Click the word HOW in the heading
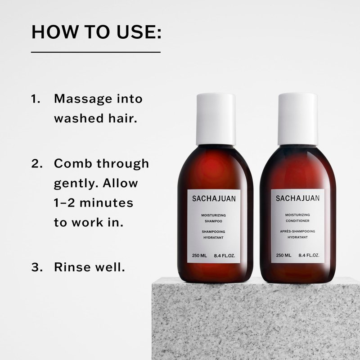pos(54,31)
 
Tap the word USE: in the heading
pos(139,31)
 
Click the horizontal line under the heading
pos(96,52)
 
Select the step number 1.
pos(36,99)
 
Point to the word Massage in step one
pos(83,99)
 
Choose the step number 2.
pos(37,164)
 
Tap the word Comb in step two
pos(73,163)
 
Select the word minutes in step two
pos(106,203)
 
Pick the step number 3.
pos(37,267)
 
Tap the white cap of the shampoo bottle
pos(216,119)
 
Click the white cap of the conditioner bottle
pos(298,119)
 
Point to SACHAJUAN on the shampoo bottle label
pos(214,198)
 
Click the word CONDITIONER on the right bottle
pos(297,221)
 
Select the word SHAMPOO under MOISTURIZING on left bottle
pos(213,221)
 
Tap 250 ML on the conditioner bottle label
pos(283,255)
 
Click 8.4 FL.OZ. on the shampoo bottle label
pos(225,256)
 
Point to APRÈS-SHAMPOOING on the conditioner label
pos(297,231)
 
